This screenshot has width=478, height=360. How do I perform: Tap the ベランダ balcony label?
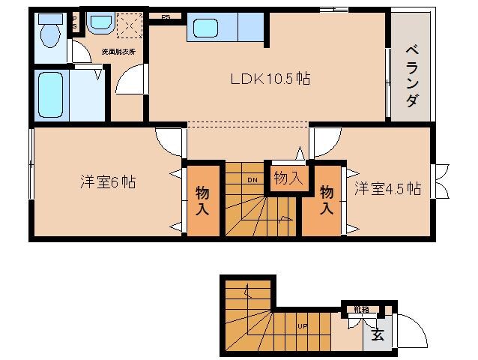411,76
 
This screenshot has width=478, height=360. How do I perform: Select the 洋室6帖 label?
108,182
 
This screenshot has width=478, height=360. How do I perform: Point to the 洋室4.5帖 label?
387,188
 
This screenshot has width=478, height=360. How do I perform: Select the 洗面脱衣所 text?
118,52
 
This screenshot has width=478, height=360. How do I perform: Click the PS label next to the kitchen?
165,16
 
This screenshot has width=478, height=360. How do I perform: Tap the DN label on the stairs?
252,180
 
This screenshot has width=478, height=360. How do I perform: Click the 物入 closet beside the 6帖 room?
203,200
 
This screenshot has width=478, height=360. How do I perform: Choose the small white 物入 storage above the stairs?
288,178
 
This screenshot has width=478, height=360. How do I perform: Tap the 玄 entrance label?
377,335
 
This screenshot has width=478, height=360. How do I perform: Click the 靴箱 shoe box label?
362,307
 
